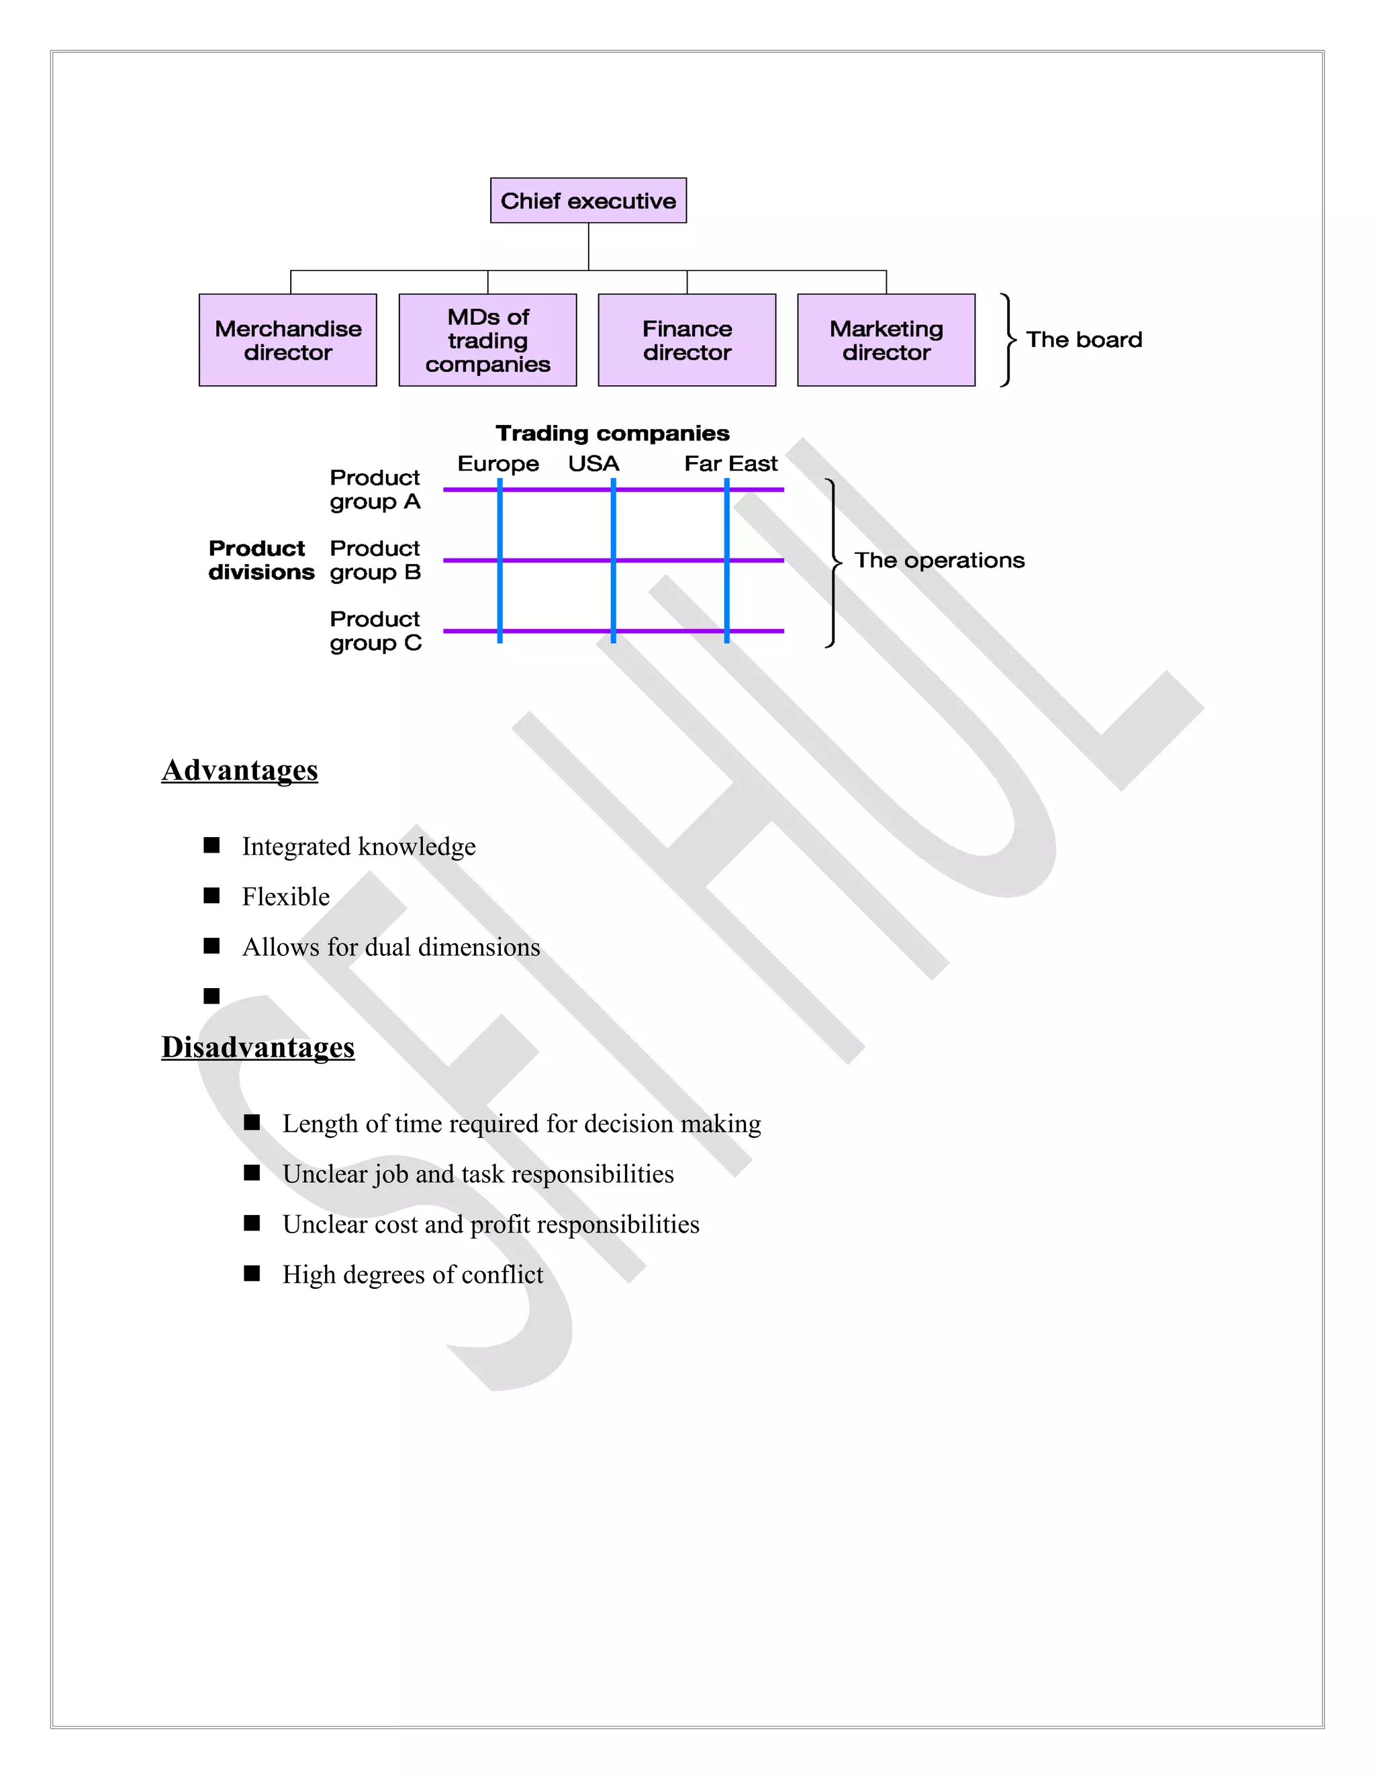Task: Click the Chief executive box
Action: pyautogui.click(x=588, y=200)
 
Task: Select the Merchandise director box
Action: pyautogui.click(x=287, y=340)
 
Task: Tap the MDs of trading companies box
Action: pyautogui.click(x=487, y=340)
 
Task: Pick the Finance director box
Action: pyautogui.click(x=687, y=340)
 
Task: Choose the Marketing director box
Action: pyautogui.click(x=886, y=340)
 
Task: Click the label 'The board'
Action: pyautogui.click(x=1084, y=340)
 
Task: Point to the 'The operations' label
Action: pyautogui.click(x=939, y=561)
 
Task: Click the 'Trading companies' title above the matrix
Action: pyautogui.click(x=612, y=434)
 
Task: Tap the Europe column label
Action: pyautogui.click(x=497, y=463)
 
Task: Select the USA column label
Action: pyautogui.click(x=594, y=463)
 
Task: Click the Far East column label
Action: pyautogui.click(x=730, y=463)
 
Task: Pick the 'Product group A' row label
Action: pyautogui.click(x=375, y=489)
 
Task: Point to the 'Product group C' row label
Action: pyautogui.click(x=375, y=631)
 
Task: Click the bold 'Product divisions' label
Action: pyautogui.click(x=260, y=561)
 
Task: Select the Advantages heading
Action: pyautogui.click(x=240, y=770)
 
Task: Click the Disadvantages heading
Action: pyautogui.click(x=257, y=1047)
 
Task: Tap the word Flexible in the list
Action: pyautogui.click(x=286, y=897)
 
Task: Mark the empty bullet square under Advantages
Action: pyautogui.click(x=211, y=996)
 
